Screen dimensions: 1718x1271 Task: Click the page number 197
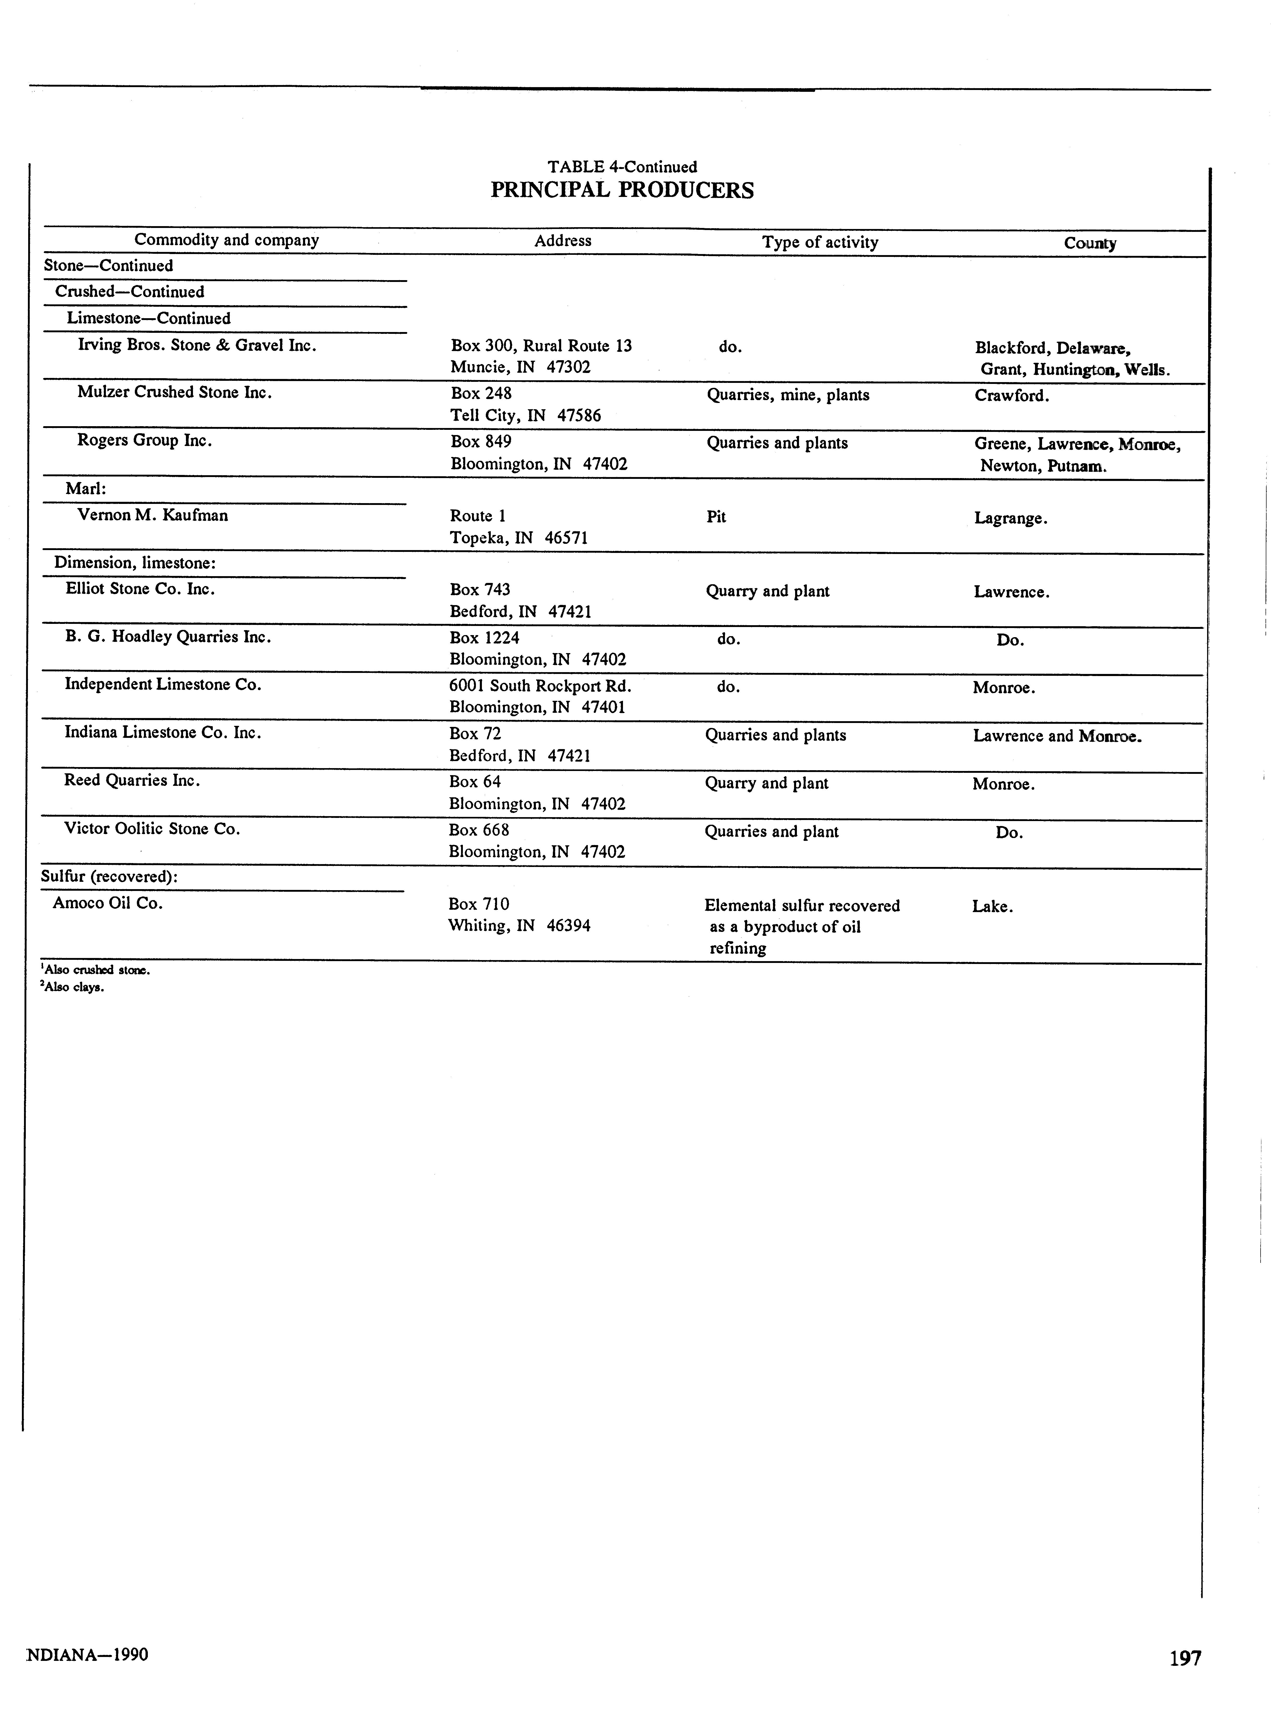pyautogui.click(x=1185, y=1657)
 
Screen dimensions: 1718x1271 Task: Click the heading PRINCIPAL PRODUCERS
pyautogui.click(x=622, y=190)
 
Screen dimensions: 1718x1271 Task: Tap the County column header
pyautogui.click(x=1090, y=243)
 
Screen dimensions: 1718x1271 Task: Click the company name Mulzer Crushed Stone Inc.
pyautogui.click(x=175, y=392)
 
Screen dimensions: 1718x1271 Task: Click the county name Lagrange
pyautogui.click(x=1010, y=519)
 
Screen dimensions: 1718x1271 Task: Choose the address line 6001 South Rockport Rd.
pyautogui.click(x=540, y=685)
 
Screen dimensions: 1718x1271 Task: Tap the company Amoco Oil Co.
pyautogui.click(x=108, y=903)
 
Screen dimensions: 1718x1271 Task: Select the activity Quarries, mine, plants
pyautogui.click(x=788, y=395)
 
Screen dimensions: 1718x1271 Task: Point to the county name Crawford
pyautogui.click(x=1011, y=395)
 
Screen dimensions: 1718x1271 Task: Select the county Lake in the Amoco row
pyautogui.click(x=992, y=907)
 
